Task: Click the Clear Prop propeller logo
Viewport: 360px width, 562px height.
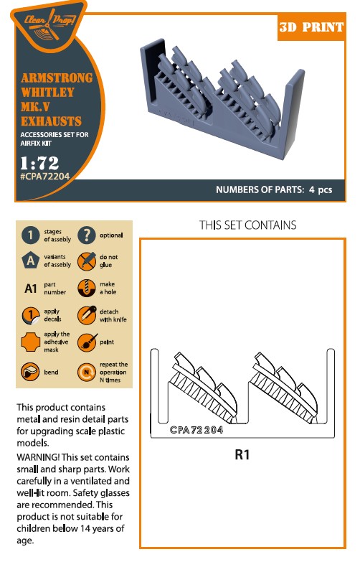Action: coord(49,25)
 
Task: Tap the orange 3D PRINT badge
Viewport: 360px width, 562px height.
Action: coord(311,27)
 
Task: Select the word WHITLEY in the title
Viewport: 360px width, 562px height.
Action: coord(47,92)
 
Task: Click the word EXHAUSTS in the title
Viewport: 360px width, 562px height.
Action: coord(51,121)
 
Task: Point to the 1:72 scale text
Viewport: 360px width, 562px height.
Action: coord(39,163)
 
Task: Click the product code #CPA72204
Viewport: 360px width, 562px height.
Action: coord(44,176)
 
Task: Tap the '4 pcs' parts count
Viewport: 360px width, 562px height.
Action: coord(321,189)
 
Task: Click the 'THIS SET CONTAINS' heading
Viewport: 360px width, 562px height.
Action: coord(248,225)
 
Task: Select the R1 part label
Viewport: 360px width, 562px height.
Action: coord(242,454)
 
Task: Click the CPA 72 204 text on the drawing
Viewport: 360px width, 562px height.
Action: coord(196,430)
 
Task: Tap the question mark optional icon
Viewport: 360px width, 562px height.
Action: coord(87,235)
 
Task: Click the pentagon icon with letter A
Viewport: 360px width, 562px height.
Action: coord(30,261)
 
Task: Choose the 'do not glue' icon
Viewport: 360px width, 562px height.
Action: coord(87,261)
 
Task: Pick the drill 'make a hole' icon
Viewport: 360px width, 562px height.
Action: coord(87,288)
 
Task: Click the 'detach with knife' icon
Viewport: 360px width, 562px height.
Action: coord(87,315)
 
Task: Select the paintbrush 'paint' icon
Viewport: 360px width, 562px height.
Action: coord(87,342)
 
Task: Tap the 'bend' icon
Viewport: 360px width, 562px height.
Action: coord(30,372)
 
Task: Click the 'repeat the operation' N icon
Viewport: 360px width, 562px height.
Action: coord(87,372)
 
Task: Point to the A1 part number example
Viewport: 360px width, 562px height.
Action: coord(30,288)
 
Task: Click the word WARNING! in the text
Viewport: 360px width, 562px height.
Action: coord(38,457)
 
